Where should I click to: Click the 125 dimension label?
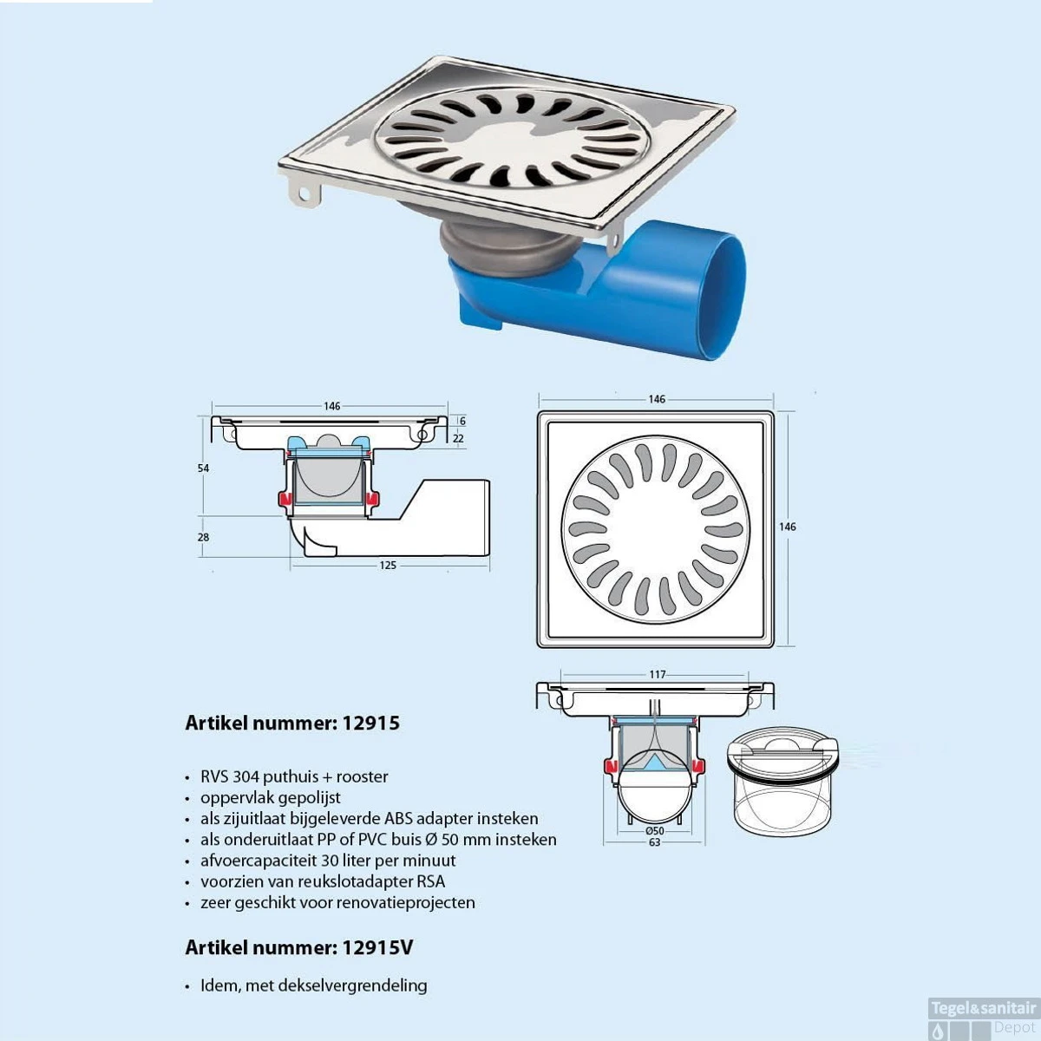point(387,566)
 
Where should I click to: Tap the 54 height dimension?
point(203,468)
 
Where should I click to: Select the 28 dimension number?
point(203,537)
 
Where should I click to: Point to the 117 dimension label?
point(658,675)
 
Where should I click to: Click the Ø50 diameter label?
point(654,831)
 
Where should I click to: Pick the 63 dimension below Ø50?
point(655,842)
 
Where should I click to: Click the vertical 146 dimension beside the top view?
point(787,527)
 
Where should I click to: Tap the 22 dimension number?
point(458,439)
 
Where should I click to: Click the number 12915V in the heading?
point(377,947)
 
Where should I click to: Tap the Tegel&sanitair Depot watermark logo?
point(984,1018)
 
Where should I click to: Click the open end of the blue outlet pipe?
point(723,298)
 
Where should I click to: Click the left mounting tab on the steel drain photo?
point(304,193)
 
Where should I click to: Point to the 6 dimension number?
point(462,421)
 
